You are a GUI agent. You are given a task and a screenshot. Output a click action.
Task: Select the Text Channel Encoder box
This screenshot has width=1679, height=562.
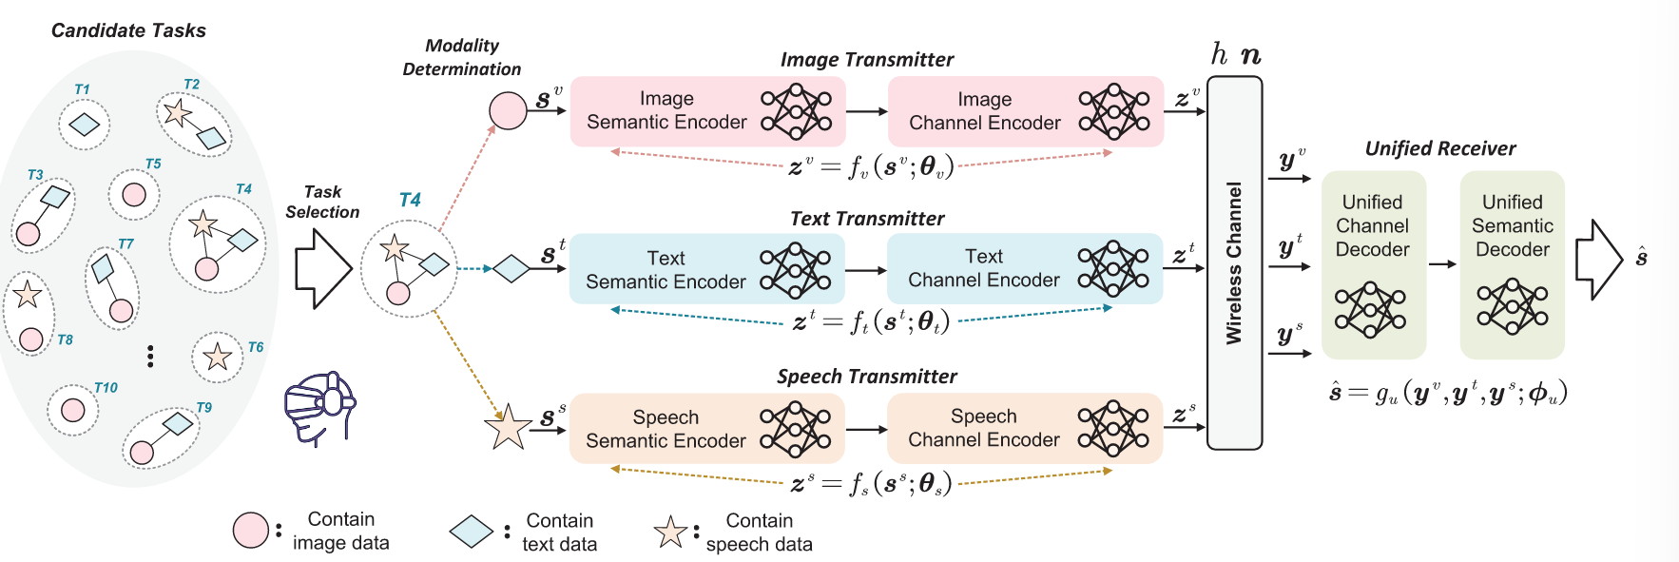click(1024, 268)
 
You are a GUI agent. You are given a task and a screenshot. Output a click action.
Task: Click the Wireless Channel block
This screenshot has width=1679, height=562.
click(1234, 262)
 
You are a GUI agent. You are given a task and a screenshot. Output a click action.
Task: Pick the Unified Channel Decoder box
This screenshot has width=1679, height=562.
click(1373, 264)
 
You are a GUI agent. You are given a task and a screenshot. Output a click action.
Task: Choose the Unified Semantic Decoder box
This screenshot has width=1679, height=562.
click(1512, 264)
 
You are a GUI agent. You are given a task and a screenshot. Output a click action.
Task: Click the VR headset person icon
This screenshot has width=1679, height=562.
click(319, 406)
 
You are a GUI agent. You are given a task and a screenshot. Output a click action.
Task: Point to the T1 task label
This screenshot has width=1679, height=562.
click(82, 89)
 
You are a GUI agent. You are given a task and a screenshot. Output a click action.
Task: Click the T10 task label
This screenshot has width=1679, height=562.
click(106, 388)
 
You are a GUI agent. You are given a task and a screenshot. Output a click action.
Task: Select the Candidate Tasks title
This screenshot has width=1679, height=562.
click(128, 30)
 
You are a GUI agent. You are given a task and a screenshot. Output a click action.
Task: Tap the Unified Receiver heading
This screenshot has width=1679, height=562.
click(1439, 148)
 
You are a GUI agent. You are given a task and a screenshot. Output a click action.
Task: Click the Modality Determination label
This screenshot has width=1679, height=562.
click(462, 57)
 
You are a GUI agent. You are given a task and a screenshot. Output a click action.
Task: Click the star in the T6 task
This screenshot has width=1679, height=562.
click(218, 357)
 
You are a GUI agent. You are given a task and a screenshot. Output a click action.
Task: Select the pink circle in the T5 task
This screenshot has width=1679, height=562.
click(134, 194)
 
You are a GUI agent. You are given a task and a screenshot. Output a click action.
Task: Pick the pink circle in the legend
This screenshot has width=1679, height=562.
click(251, 531)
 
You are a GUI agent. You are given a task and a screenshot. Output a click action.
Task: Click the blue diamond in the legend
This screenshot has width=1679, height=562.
click(471, 532)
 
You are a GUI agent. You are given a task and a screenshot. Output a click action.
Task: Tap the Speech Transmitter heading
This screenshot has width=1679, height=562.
click(866, 377)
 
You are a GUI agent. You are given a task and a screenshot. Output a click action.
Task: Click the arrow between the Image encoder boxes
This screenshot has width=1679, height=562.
click(866, 111)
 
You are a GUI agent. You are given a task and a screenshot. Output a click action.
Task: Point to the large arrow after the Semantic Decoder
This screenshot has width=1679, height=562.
click(1598, 260)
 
